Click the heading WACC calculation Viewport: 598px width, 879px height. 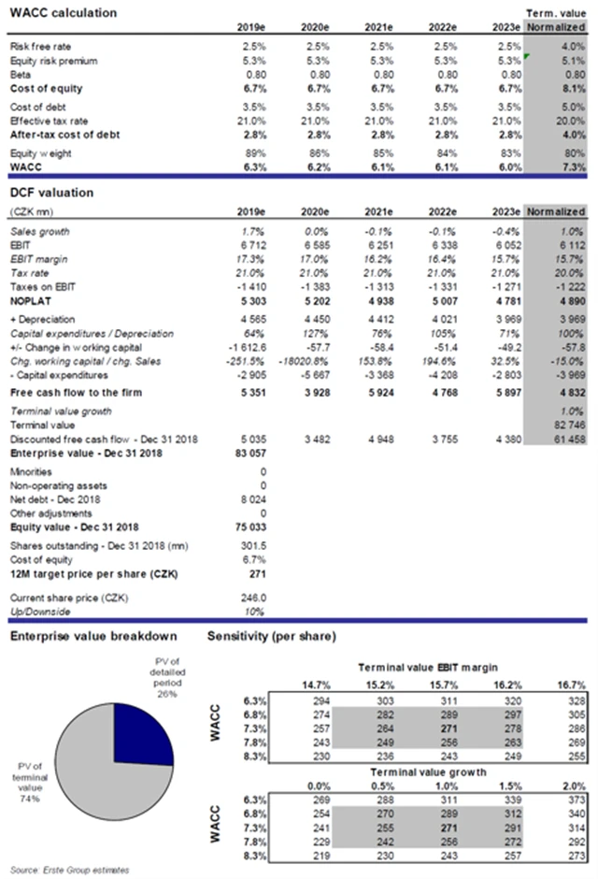pyautogui.click(x=64, y=13)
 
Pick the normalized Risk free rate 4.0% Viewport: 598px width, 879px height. pyautogui.click(x=575, y=46)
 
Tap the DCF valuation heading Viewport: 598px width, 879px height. pyautogui.click(x=52, y=193)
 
